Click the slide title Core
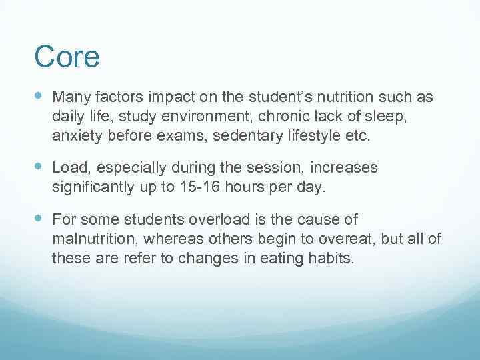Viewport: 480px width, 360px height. pyautogui.click(x=67, y=57)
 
